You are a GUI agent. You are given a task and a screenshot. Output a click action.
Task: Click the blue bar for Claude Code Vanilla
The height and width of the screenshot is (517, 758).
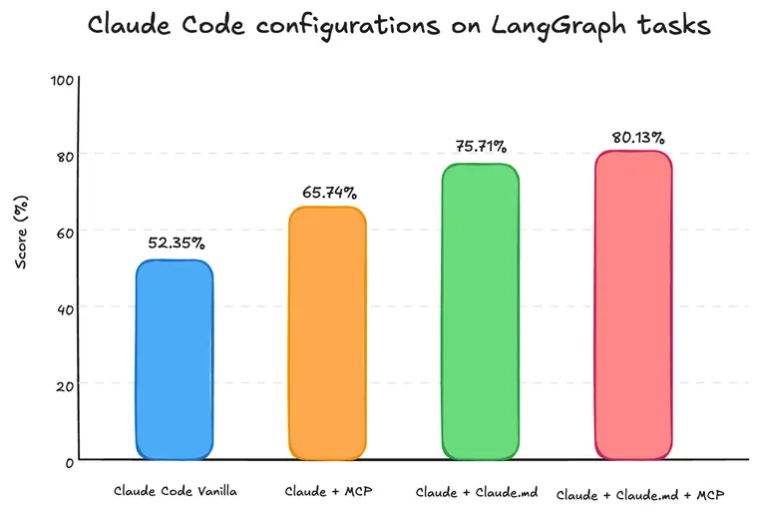pyautogui.click(x=174, y=359)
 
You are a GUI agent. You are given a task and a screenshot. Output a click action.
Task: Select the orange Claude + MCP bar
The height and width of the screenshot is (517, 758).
pyautogui.click(x=327, y=332)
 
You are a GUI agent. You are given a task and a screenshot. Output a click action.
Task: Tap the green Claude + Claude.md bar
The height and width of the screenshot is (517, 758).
pyautogui.click(x=480, y=311)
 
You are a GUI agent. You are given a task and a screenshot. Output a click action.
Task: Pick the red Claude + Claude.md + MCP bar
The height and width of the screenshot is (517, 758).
pyautogui.click(x=633, y=304)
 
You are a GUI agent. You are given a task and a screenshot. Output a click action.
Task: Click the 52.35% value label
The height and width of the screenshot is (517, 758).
pyautogui.click(x=176, y=243)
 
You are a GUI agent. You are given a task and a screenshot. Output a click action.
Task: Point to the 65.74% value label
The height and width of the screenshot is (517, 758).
pyautogui.click(x=328, y=192)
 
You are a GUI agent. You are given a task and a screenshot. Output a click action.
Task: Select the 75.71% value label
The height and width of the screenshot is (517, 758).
pyautogui.click(x=481, y=146)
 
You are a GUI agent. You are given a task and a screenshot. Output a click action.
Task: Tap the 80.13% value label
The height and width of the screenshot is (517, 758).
pyautogui.click(x=636, y=137)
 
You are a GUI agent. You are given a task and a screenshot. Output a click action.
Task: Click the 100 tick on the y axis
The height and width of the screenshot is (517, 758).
pyautogui.click(x=62, y=79)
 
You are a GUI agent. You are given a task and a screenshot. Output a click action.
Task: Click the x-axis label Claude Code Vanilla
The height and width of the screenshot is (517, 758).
pyautogui.click(x=175, y=491)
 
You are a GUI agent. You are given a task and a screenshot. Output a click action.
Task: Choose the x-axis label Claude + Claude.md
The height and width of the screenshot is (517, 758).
pyautogui.click(x=478, y=492)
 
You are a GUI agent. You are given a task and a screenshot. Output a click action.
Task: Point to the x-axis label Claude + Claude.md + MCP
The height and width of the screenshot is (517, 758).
pyautogui.click(x=638, y=494)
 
